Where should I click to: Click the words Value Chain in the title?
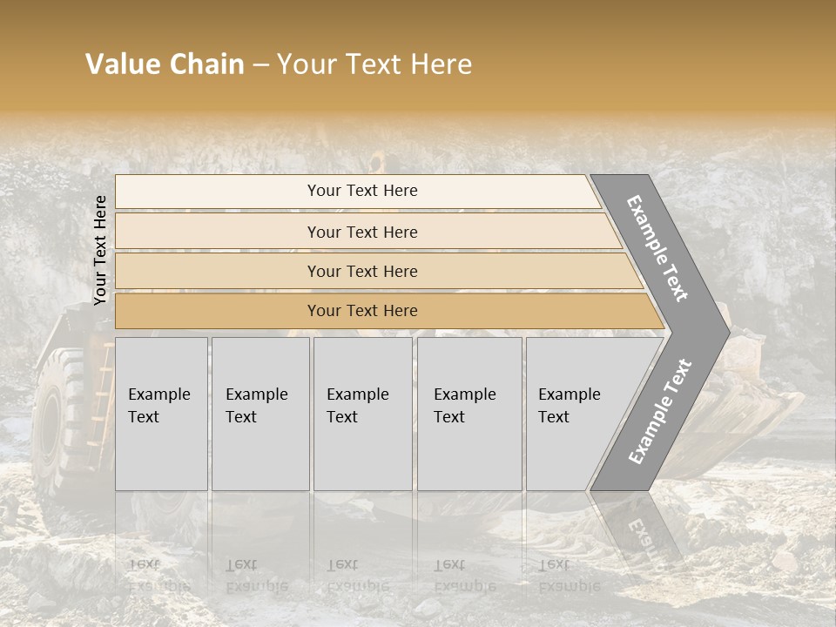(165, 64)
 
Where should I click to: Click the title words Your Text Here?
(374, 64)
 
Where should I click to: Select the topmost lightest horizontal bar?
(361, 191)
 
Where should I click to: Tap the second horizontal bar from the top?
(361, 232)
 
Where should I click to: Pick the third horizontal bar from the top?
(361, 271)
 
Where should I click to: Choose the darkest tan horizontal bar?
(361, 311)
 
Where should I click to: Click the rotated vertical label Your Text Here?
(100, 250)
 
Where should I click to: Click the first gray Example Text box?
(161, 414)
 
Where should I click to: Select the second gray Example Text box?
(260, 414)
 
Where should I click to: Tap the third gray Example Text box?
(361, 414)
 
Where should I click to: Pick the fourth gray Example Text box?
(469, 414)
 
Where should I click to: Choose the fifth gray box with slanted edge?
(575, 414)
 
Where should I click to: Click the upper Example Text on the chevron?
(658, 248)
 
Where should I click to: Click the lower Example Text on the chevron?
(660, 411)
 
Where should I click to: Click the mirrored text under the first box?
(159, 575)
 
